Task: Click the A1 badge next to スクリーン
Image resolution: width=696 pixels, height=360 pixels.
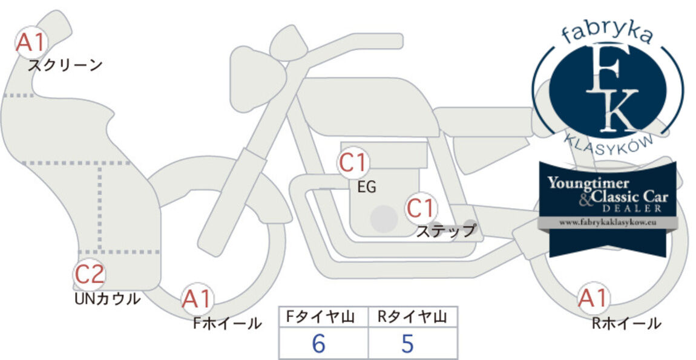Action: (x=31, y=42)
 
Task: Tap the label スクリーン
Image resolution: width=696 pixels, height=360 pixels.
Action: (x=65, y=66)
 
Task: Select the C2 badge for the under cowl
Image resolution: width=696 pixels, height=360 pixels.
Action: (x=89, y=274)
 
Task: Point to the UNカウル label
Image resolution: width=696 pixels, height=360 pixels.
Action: (x=107, y=299)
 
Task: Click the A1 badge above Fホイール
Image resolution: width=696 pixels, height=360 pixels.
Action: (x=197, y=299)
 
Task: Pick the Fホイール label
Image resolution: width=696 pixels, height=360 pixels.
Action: (x=228, y=323)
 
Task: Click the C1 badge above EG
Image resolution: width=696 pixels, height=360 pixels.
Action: (x=353, y=163)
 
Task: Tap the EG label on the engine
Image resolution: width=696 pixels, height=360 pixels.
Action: (x=367, y=187)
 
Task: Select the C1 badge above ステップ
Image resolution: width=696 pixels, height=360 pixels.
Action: (x=421, y=208)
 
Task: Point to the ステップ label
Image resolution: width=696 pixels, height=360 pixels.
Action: (x=445, y=231)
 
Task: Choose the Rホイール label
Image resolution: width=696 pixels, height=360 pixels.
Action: (x=626, y=323)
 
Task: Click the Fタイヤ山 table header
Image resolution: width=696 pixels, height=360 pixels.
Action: (x=321, y=316)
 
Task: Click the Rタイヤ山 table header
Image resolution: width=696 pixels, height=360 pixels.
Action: (x=412, y=316)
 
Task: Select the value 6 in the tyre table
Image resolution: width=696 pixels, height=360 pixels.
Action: (x=319, y=343)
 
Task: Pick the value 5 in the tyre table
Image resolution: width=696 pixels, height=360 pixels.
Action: (x=407, y=343)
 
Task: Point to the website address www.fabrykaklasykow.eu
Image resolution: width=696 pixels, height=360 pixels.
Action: (x=608, y=223)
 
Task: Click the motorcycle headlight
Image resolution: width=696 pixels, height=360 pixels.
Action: (x=257, y=79)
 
